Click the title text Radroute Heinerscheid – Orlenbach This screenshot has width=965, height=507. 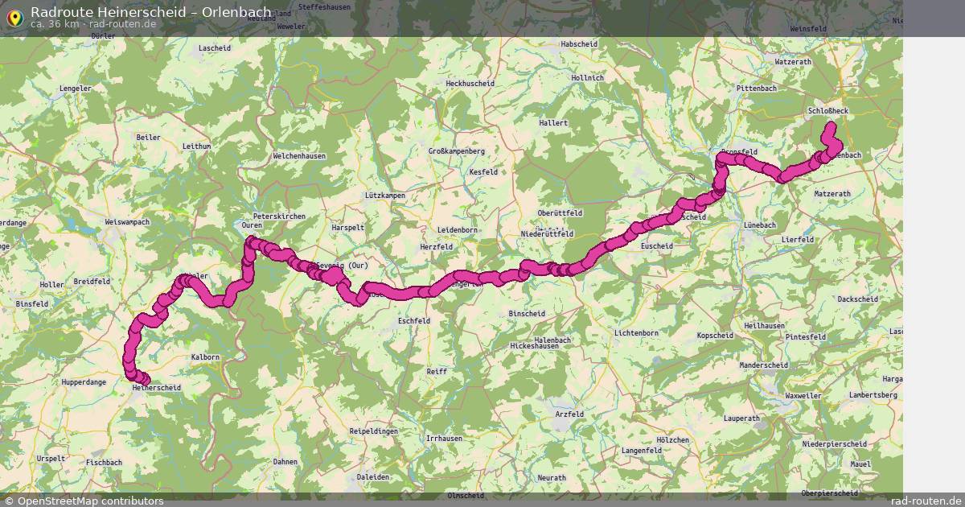[x=150, y=12]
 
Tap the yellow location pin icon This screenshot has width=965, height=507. [x=14, y=18]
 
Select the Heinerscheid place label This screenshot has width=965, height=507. [x=156, y=387]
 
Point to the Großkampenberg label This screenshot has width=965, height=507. [x=456, y=150]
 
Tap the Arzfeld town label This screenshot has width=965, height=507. [x=569, y=414]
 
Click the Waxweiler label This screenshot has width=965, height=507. [x=803, y=396]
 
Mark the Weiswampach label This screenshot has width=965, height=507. [x=127, y=221]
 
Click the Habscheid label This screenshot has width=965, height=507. [x=579, y=43]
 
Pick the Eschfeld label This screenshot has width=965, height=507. [x=414, y=320]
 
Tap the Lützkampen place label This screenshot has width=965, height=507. [x=384, y=196]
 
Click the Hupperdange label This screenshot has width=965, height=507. [x=84, y=382]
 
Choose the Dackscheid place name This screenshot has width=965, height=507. [x=857, y=299]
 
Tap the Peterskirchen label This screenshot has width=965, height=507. [x=279, y=216]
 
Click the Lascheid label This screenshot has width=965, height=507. [x=214, y=47]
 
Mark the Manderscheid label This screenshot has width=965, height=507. [x=763, y=365]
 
